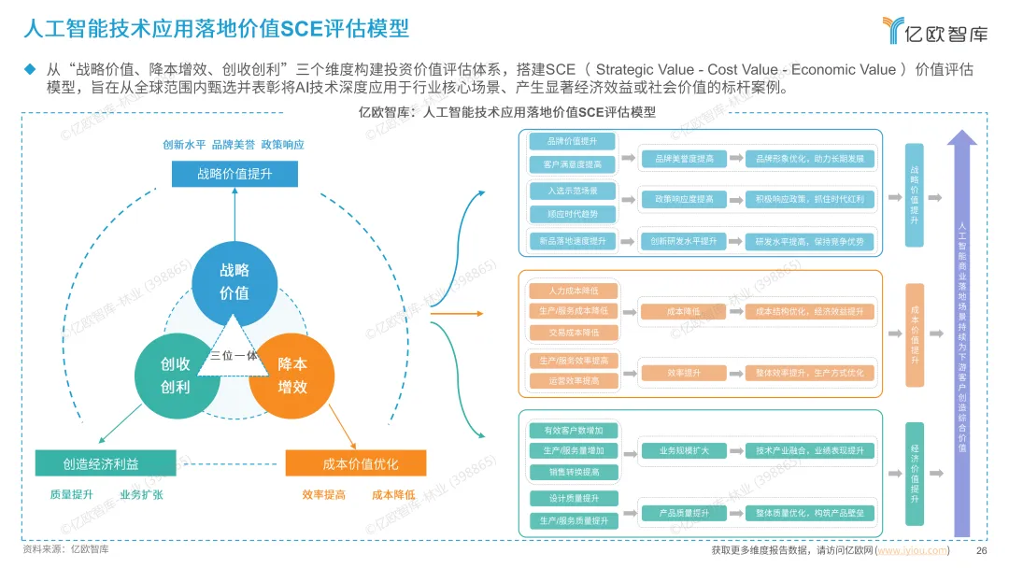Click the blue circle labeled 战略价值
click(234, 281)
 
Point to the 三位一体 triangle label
click(234, 355)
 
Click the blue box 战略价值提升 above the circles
click(234, 174)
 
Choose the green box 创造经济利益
click(106, 462)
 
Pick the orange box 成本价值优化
click(355, 463)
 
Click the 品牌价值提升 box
click(572, 142)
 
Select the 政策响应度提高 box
click(684, 199)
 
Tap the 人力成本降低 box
click(572, 291)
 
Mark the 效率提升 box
click(684, 373)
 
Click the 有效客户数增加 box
click(572, 431)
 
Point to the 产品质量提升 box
click(684, 513)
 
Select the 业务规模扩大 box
click(684, 451)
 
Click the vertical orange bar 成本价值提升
click(915, 334)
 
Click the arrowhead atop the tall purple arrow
click(962, 138)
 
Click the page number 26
click(981, 550)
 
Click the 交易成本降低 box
click(572, 332)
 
